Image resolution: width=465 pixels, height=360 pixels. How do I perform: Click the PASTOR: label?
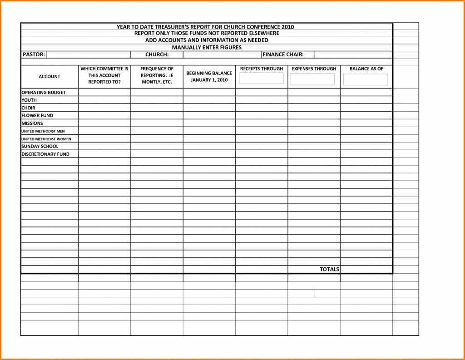click(x=34, y=54)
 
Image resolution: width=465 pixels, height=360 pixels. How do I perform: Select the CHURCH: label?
click(x=157, y=54)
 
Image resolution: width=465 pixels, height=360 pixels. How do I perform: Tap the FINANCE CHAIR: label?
click(x=283, y=54)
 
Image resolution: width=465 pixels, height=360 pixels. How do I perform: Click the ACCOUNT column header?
click(x=49, y=77)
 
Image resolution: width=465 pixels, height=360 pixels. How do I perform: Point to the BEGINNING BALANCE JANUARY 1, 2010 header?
click(x=209, y=76)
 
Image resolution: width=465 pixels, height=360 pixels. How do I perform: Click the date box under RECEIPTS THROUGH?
click(x=261, y=79)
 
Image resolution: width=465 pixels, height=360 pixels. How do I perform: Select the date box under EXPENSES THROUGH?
click(x=312, y=79)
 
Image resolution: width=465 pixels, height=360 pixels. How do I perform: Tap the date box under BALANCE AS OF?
click(x=366, y=79)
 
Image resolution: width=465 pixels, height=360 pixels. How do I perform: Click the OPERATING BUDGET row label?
click(x=44, y=93)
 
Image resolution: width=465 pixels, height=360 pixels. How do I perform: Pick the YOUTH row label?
click(x=29, y=100)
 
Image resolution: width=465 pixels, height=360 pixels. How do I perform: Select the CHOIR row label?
click(x=28, y=108)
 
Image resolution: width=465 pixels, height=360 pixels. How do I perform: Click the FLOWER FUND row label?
click(x=37, y=116)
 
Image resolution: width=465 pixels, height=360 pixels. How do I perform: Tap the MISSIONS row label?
click(x=32, y=123)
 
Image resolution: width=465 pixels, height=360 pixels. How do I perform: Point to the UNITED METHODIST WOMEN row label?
click(x=46, y=139)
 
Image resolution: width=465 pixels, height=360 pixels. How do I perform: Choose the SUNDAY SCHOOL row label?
click(x=40, y=147)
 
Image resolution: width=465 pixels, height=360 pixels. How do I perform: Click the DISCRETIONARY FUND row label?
click(x=45, y=154)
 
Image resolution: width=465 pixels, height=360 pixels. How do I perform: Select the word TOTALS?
click(x=329, y=269)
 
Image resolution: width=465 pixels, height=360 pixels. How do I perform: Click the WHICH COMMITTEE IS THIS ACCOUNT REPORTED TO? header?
click(x=104, y=75)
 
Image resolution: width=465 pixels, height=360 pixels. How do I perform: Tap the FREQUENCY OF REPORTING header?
click(x=157, y=75)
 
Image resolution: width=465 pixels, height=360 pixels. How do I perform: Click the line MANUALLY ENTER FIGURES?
click(x=207, y=47)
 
